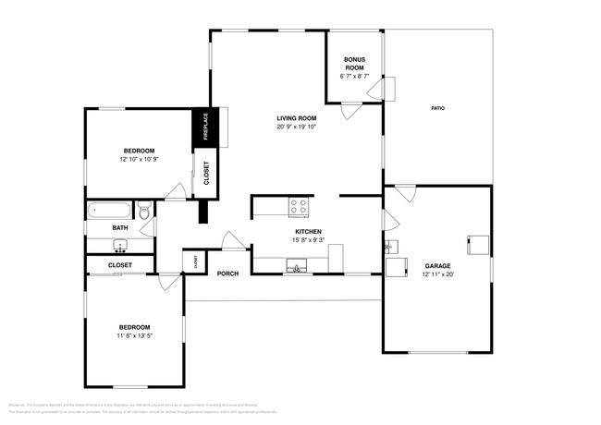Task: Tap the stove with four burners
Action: coord(299,206)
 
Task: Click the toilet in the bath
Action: coord(144,212)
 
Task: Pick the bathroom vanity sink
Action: coord(120,246)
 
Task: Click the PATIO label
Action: coord(437,109)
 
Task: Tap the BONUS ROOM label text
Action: coord(355,64)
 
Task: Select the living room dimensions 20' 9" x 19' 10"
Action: coord(296,127)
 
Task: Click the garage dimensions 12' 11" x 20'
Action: coord(438,274)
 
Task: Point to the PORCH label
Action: coord(227,273)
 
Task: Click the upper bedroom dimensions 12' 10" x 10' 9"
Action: coord(139,160)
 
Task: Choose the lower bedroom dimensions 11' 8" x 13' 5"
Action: coord(133,337)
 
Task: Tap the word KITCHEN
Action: coord(308,231)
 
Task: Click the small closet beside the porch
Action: coord(195,262)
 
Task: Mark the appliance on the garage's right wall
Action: coord(478,244)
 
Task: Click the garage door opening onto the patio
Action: coord(405,194)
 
